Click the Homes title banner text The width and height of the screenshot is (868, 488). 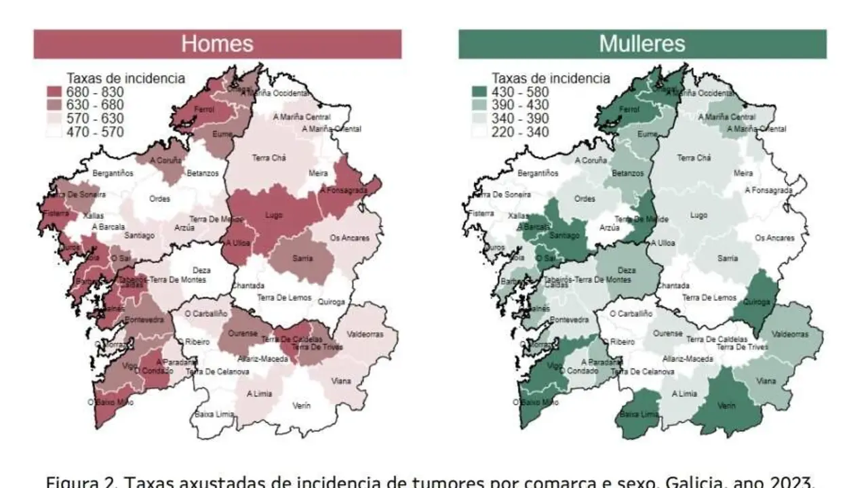217,44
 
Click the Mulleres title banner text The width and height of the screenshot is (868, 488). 642,44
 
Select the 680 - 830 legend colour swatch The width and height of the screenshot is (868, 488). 54,92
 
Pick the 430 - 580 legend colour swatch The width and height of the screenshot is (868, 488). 479,92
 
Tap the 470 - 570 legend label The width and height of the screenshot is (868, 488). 94,132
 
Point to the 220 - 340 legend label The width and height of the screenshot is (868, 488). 519,132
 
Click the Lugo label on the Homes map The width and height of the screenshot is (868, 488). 273,215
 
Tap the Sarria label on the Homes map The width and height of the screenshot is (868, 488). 302,258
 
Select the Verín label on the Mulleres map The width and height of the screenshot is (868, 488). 726,405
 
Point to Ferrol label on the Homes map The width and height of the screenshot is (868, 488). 203,109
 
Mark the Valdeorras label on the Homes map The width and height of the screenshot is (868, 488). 365,334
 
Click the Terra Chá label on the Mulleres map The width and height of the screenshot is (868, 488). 694,158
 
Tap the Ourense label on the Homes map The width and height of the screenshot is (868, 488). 242,333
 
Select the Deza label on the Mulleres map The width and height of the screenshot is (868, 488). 627,270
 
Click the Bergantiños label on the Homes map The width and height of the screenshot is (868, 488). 113,173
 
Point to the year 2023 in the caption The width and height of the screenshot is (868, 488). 791,482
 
